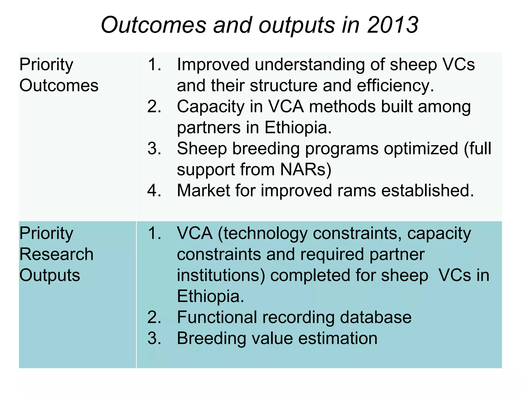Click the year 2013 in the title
[x=393, y=25]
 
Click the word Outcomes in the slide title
[x=154, y=25]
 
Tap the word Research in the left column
[x=56, y=254]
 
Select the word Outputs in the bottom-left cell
[x=50, y=275]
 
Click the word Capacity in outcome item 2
[x=210, y=106]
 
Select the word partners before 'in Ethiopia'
[x=209, y=128]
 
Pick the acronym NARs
[x=306, y=170]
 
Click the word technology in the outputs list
[x=262, y=233]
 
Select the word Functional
[x=217, y=317]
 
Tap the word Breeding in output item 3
[x=211, y=338]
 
